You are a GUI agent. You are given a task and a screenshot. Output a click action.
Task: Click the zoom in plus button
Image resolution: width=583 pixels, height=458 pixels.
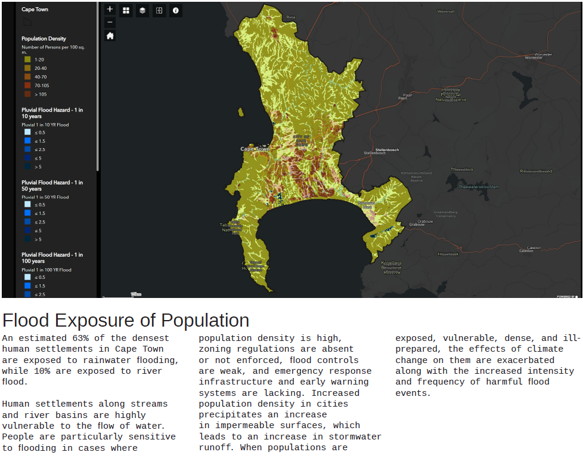point(110,10)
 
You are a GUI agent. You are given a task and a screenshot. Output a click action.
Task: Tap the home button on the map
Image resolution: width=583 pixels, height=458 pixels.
point(110,36)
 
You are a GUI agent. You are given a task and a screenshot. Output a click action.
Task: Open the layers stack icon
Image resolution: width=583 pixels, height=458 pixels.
point(142,10)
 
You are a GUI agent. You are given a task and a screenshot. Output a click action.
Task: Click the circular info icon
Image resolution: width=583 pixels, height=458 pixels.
point(175,10)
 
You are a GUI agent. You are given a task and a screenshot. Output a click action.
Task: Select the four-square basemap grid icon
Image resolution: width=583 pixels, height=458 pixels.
point(126,10)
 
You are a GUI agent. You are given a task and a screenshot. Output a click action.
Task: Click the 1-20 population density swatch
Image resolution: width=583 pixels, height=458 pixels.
point(27,60)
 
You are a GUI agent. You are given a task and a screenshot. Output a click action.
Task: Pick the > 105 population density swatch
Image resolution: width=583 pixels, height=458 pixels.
point(27,94)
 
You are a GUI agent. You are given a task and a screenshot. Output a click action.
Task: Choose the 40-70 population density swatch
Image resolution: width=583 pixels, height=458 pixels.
point(27,77)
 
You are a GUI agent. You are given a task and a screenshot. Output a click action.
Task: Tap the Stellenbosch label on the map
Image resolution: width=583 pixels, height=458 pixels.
point(387,149)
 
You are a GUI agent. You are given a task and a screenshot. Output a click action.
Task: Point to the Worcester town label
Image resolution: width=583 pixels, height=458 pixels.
point(543,55)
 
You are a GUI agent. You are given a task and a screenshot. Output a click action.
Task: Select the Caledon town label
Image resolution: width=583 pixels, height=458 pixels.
point(534,247)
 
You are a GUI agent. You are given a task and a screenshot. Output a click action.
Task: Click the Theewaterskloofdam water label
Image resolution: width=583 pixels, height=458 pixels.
point(478,186)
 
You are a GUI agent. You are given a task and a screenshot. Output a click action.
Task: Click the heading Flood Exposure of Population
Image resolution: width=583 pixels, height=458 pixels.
point(126,321)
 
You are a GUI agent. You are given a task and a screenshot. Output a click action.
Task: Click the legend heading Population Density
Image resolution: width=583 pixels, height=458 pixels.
point(44,39)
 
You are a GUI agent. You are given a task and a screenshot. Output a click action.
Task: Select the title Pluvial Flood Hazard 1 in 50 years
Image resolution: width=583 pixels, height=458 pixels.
point(52,186)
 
